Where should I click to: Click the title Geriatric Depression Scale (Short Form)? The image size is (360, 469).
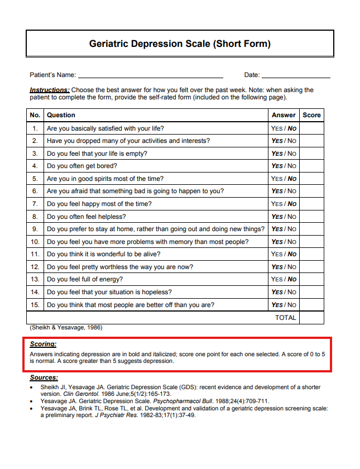tap(180, 44)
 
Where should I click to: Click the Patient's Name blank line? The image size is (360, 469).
tap(150, 75)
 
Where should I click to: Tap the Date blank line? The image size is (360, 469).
tap(296, 75)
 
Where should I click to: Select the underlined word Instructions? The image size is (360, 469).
tap(49, 90)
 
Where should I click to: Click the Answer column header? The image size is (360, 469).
tap(284, 115)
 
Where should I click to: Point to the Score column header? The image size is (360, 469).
tap(311, 115)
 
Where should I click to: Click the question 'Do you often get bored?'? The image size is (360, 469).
tap(82, 166)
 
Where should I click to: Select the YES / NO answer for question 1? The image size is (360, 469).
tap(284, 128)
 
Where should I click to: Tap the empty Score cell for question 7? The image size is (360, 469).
tap(311, 204)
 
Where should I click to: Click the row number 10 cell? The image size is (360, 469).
tap(35, 242)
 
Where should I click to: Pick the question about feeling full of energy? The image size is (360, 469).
tap(85, 279)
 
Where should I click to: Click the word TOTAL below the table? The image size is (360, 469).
tap(285, 318)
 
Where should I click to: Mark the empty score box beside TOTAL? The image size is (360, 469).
tap(311, 318)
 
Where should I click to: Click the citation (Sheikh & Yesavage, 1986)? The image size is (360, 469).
tap(66, 328)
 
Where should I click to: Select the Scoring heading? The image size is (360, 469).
tap(43, 344)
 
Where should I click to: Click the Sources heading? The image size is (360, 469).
tap(44, 378)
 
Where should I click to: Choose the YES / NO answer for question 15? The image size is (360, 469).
tap(284, 305)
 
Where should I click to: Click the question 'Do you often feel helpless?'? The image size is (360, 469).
tap(87, 217)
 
